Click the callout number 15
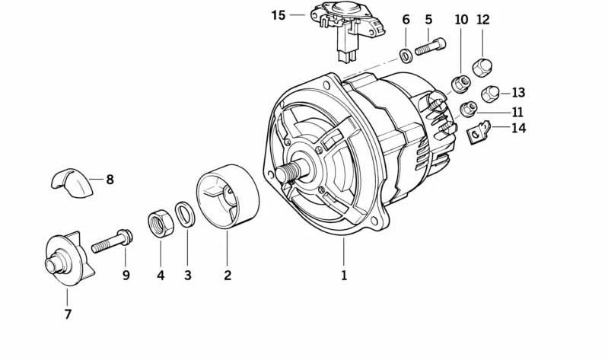point(279,15)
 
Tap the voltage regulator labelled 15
point(346,29)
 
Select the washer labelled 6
point(406,56)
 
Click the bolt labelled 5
point(431,46)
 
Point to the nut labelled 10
point(461,84)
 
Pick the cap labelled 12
point(482,68)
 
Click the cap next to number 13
point(490,94)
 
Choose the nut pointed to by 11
point(469,110)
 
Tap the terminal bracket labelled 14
point(479,132)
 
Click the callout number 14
point(518,128)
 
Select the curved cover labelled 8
point(72,183)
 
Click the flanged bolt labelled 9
point(112,241)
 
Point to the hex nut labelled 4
point(161,224)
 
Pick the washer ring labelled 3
point(185,214)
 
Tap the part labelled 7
point(69,259)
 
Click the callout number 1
point(344,275)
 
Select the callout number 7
point(68,314)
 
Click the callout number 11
point(517,112)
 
